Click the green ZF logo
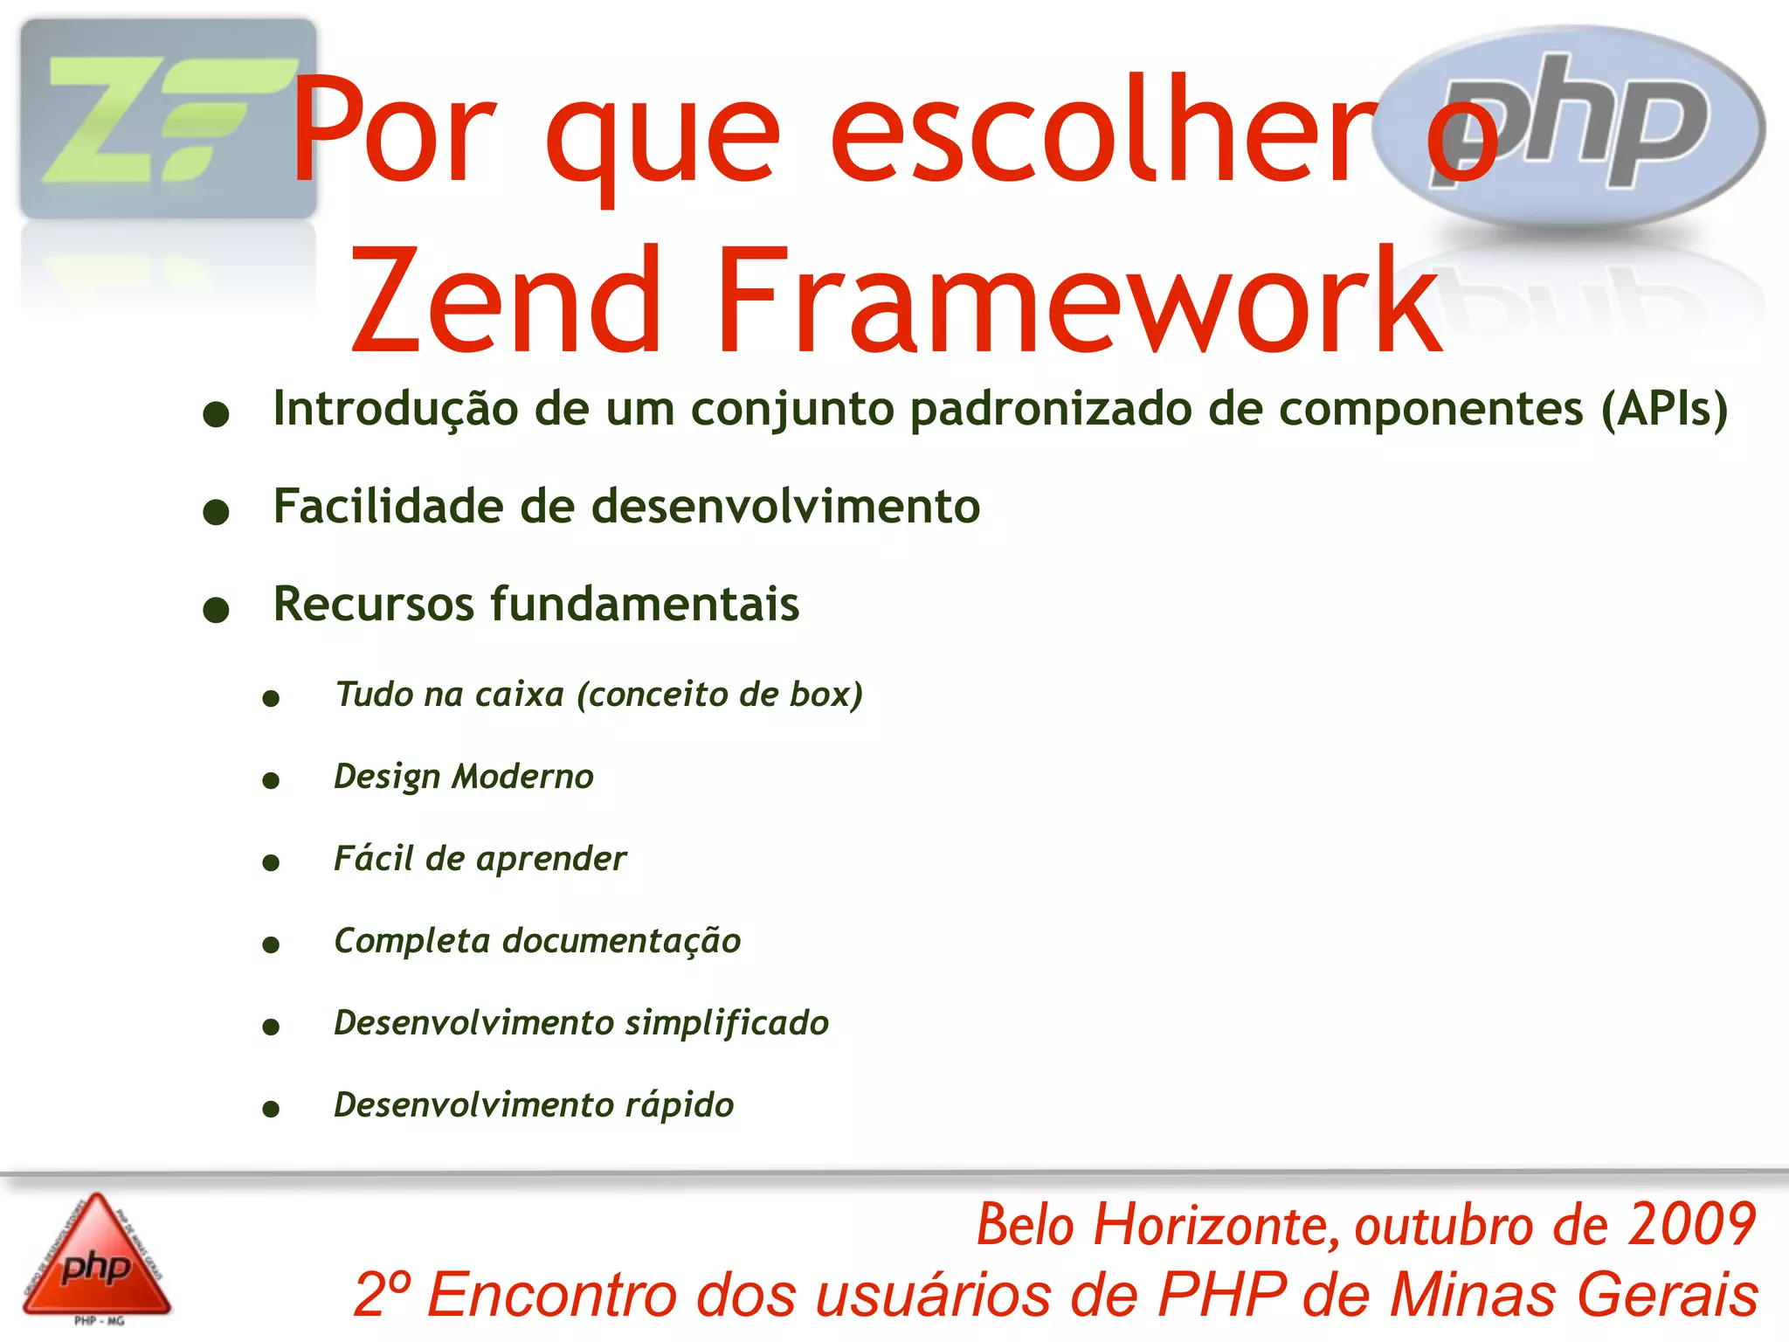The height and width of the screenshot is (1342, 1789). [x=169, y=119]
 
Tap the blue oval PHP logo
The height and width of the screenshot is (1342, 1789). [x=1572, y=127]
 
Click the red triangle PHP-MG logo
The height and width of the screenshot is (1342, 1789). [x=96, y=1258]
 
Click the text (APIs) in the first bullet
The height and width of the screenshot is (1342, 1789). [x=1663, y=408]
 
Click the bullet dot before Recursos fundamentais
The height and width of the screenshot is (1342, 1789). [x=216, y=609]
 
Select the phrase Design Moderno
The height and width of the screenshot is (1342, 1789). [x=464, y=777]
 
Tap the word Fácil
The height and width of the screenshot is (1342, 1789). [x=373, y=858]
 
